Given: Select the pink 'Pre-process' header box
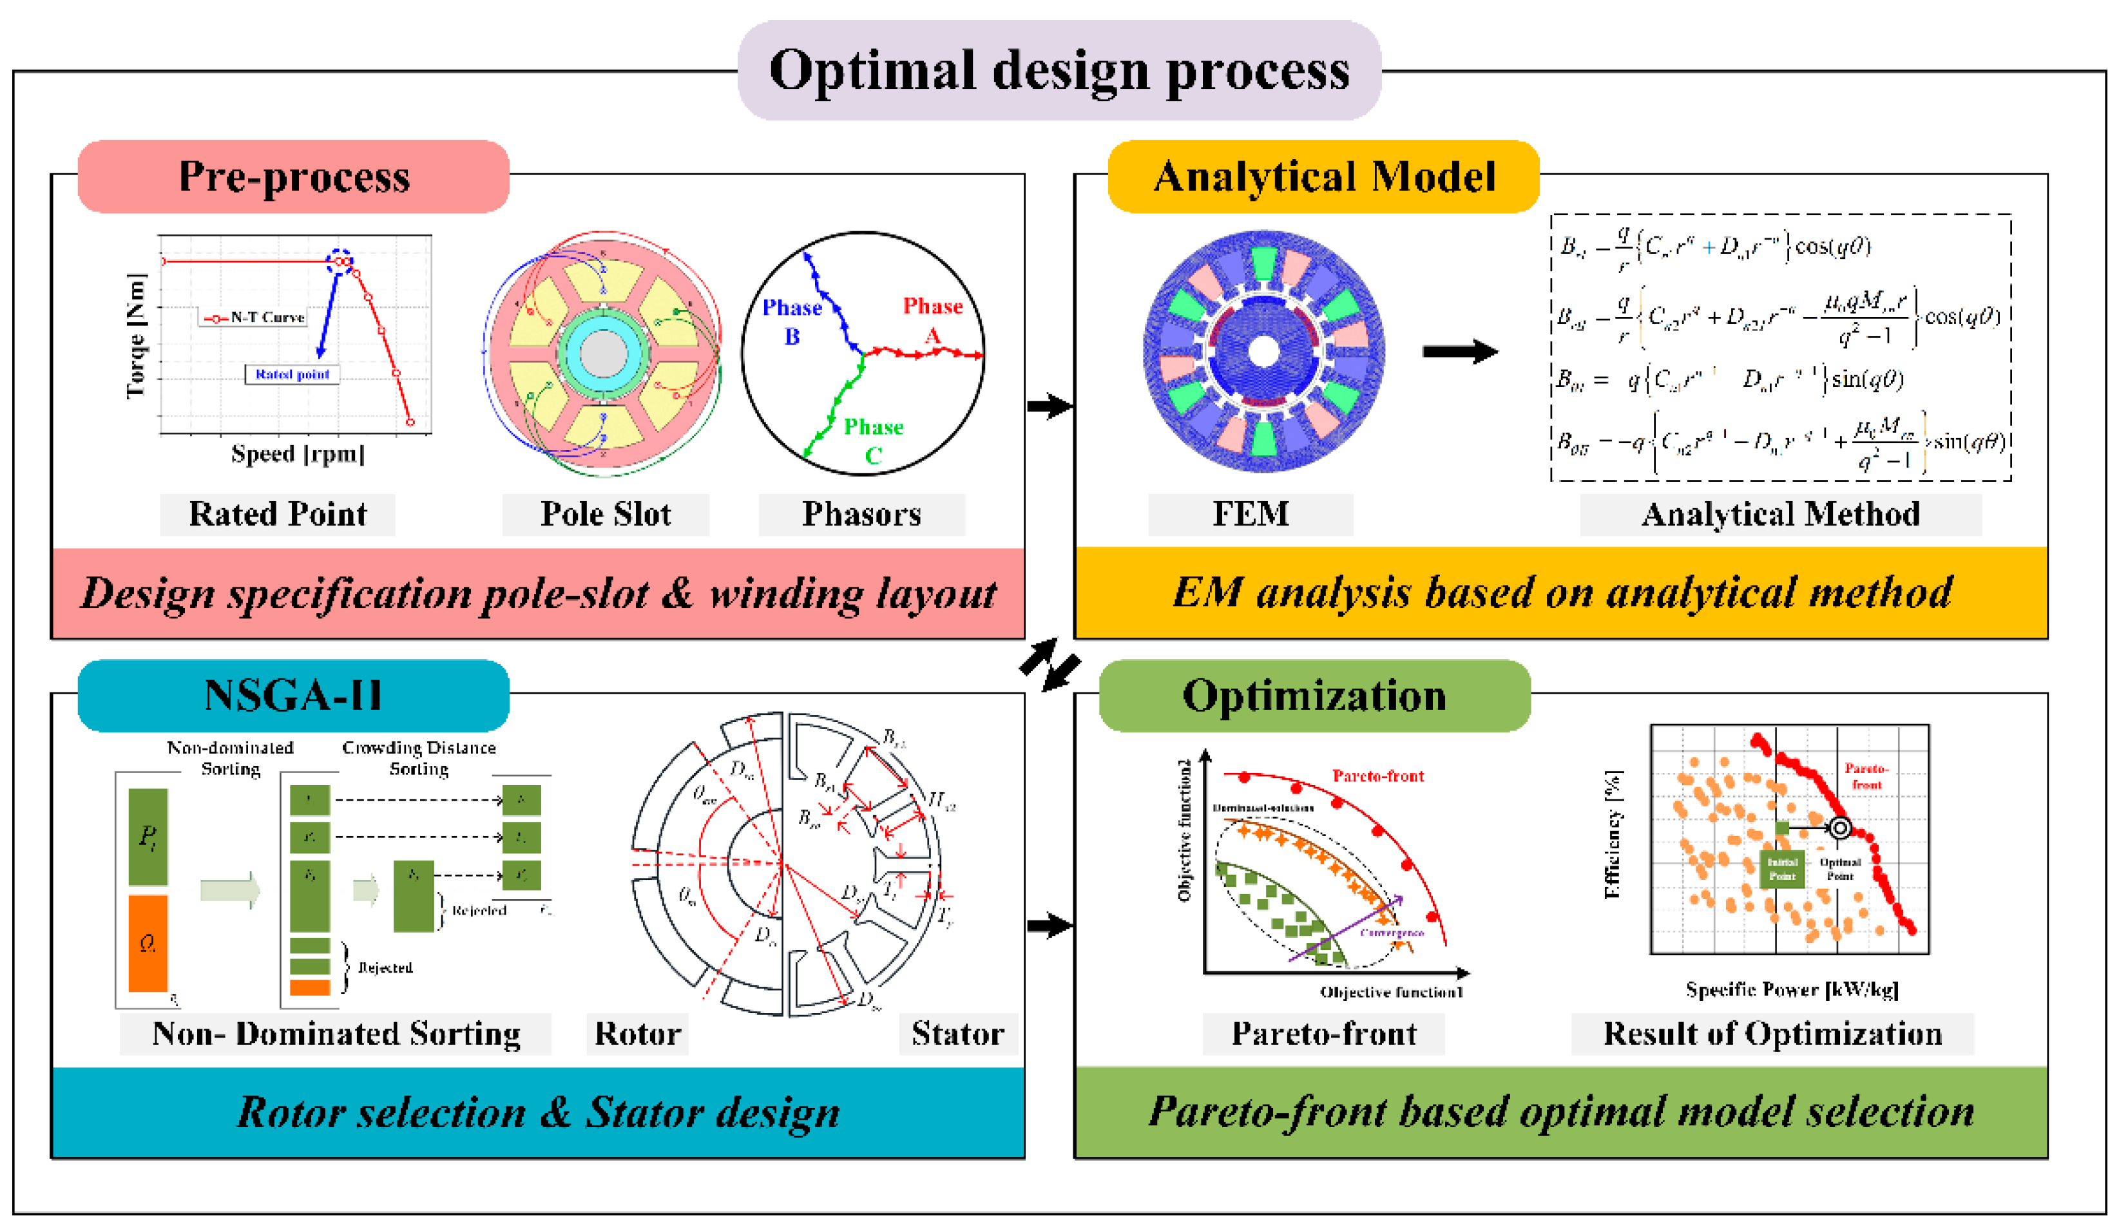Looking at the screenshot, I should (x=294, y=176).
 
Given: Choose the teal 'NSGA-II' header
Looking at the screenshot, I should (x=294, y=696).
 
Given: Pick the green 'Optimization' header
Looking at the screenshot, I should (x=1314, y=696).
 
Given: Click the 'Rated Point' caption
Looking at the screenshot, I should (x=278, y=513).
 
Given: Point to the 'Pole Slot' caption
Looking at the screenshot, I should (x=606, y=513).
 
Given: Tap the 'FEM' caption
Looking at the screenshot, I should (x=1251, y=513).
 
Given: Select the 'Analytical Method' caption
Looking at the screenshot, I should (x=1780, y=513).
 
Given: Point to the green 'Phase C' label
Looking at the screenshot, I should (x=874, y=441).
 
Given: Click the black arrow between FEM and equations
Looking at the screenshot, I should (x=1460, y=351).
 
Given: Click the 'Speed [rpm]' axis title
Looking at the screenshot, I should (x=298, y=454).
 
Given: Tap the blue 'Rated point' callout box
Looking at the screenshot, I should (x=292, y=374).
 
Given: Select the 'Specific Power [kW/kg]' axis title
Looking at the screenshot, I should (x=1792, y=989).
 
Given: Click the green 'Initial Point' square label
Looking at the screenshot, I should (x=1782, y=869).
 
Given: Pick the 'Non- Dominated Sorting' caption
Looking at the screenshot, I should (x=336, y=1033).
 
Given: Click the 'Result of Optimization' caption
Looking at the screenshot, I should (x=1772, y=1033).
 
